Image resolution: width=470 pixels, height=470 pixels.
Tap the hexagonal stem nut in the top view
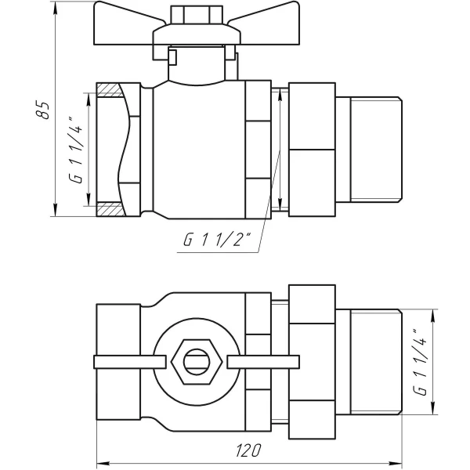click(x=190, y=362)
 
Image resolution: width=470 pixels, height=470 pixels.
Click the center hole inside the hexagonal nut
click(x=190, y=362)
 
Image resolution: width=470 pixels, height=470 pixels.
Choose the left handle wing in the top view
click(x=129, y=362)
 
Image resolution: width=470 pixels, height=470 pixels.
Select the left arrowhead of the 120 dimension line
click(x=100, y=462)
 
